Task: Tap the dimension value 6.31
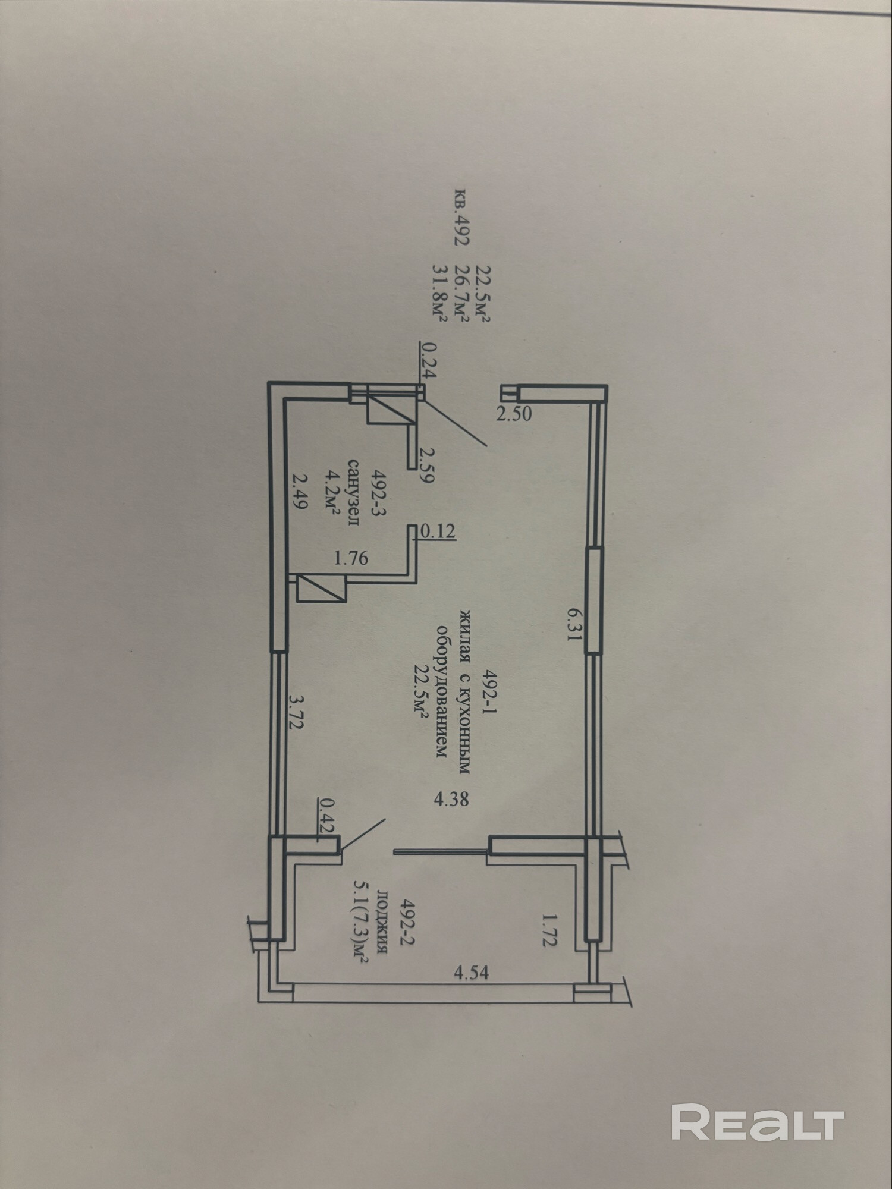click(572, 625)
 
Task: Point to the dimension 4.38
click(451, 798)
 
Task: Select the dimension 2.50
click(514, 414)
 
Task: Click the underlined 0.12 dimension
click(438, 531)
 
